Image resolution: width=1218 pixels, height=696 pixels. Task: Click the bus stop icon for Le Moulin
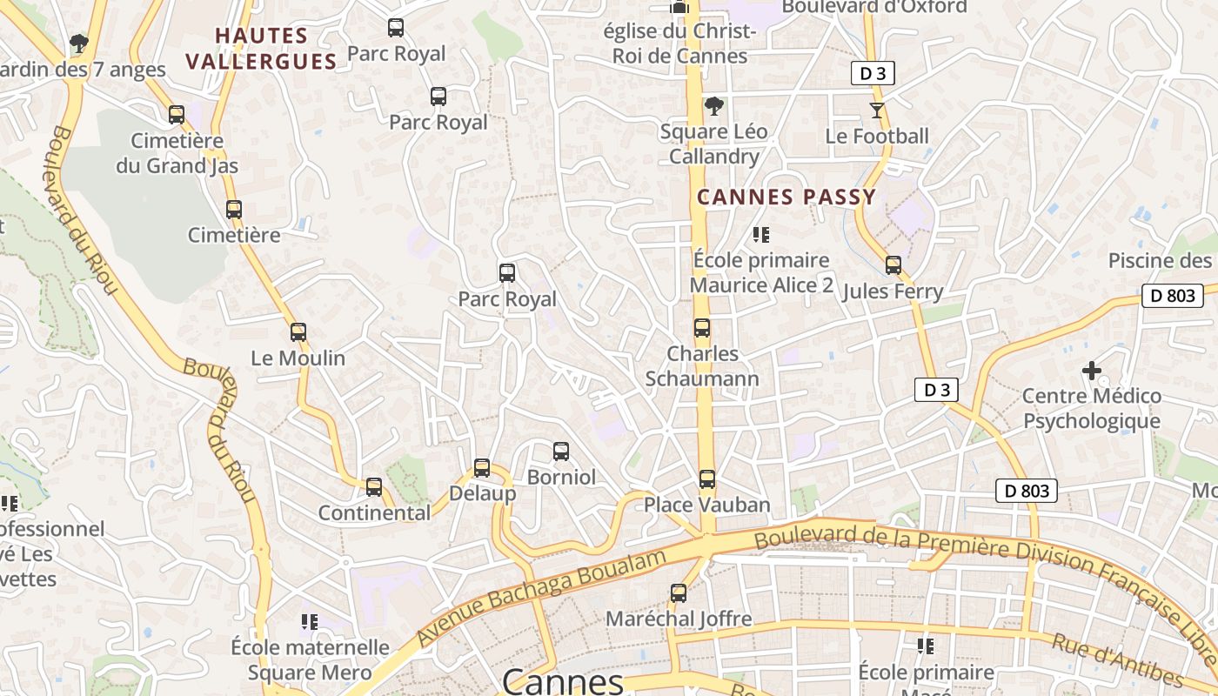point(298,331)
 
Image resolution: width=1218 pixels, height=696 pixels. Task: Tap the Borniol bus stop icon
point(561,452)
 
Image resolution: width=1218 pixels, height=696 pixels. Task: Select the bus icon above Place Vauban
point(707,479)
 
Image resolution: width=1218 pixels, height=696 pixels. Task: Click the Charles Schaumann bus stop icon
point(702,328)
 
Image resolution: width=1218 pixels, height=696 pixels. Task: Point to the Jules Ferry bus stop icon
point(893,265)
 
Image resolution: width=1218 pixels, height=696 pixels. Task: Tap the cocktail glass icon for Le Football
point(877,110)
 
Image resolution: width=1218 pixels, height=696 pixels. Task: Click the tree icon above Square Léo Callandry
point(713,106)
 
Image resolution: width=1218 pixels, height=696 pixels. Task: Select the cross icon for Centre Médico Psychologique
point(1091,371)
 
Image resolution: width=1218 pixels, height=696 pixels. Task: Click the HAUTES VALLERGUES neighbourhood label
point(262,49)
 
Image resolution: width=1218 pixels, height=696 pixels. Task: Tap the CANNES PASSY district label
point(786,197)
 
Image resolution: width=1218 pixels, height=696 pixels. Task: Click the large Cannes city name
point(563,680)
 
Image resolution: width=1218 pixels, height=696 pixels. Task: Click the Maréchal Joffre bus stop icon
point(679,593)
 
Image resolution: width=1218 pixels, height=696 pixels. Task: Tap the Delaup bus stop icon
point(482,468)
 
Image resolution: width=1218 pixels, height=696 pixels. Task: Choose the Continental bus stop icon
point(374,487)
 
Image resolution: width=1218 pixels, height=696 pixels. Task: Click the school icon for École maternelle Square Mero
point(310,622)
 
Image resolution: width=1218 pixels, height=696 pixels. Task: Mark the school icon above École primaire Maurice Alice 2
point(761,234)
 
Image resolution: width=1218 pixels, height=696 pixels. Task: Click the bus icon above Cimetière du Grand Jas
point(177,114)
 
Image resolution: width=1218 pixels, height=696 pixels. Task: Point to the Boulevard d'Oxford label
point(874,7)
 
